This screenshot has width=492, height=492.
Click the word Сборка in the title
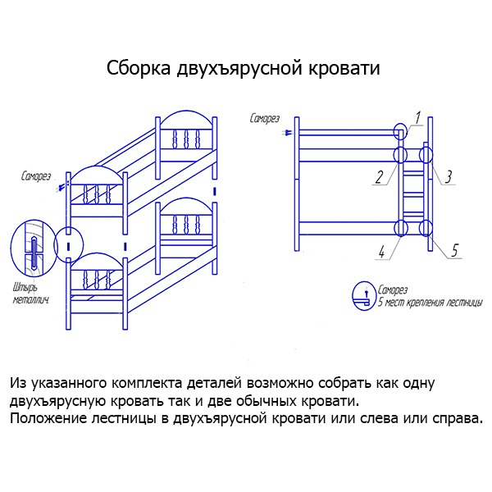(x=139, y=68)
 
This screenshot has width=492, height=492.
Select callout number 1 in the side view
(x=417, y=117)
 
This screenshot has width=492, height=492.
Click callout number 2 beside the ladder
(x=380, y=177)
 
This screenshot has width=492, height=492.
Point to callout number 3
(x=449, y=177)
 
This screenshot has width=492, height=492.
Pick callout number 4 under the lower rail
(x=381, y=252)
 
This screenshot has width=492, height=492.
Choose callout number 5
(x=454, y=250)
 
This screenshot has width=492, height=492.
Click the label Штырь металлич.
(x=31, y=294)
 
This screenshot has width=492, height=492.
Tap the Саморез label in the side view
(x=264, y=119)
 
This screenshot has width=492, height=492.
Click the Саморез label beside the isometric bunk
(x=36, y=176)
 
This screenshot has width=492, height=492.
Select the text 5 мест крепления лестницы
(x=430, y=303)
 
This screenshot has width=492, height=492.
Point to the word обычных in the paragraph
(x=266, y=401)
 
